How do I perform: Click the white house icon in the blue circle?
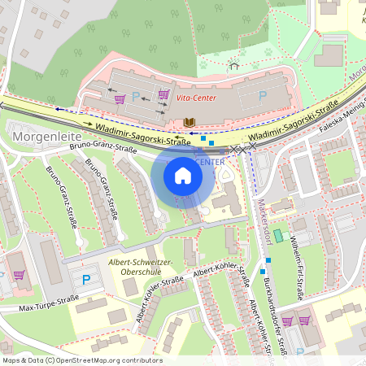(183, 175)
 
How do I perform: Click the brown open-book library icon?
(190, 122)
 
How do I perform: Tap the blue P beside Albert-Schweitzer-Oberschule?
(86, 280)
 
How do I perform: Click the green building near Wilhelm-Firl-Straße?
(278, 236)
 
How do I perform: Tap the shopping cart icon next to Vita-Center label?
(163, 94)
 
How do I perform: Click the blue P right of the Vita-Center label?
(262, 96)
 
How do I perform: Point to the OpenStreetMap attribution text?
(81, 360)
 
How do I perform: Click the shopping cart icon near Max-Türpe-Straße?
(19, 275)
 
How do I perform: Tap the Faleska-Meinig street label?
(342, 120)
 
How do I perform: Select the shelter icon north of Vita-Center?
(234, 64)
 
